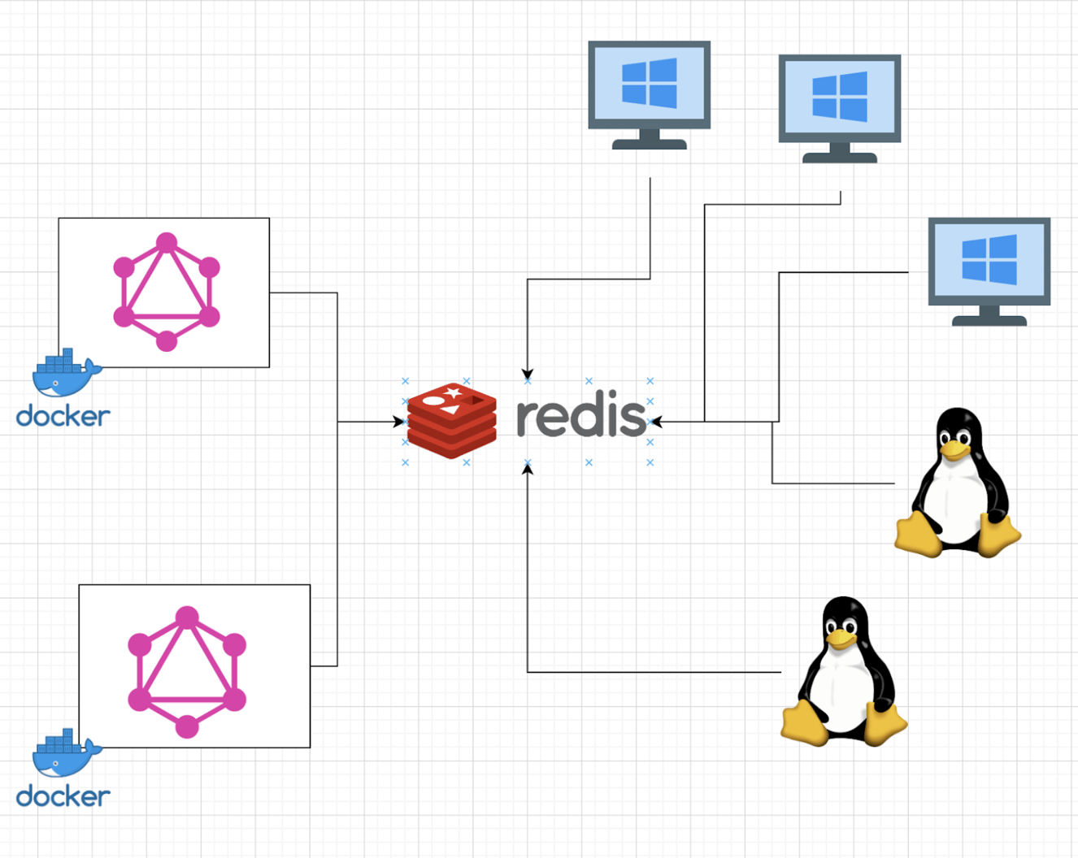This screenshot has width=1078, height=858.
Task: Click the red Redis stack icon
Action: (x=451, y=421)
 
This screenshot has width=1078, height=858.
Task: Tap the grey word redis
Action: (x=581, y=416)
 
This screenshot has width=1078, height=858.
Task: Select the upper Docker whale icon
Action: (x=65, y=373)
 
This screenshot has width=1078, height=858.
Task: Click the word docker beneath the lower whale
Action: (x=63, y=796)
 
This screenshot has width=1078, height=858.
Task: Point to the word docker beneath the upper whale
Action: (x=63, y=416)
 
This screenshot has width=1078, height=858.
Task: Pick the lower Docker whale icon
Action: (x=65, y=752)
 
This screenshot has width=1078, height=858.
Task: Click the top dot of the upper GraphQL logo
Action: (x=167, y=242)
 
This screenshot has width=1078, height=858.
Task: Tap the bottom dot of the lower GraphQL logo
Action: (x=187, y=726)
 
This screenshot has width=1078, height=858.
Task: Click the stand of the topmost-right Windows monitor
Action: (x=840, y=153)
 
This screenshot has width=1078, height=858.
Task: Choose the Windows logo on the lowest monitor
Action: (x=989, y=259)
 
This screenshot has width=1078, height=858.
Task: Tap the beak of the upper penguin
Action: (x=955, y=448)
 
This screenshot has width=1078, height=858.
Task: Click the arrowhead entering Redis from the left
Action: (x=398, y=422)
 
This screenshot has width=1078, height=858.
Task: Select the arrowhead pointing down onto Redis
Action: (x=528, y=375)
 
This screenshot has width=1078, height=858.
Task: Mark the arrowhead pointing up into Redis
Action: (x=528, y=470)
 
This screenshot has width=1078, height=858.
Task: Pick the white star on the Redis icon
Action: (x=453, y=393)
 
